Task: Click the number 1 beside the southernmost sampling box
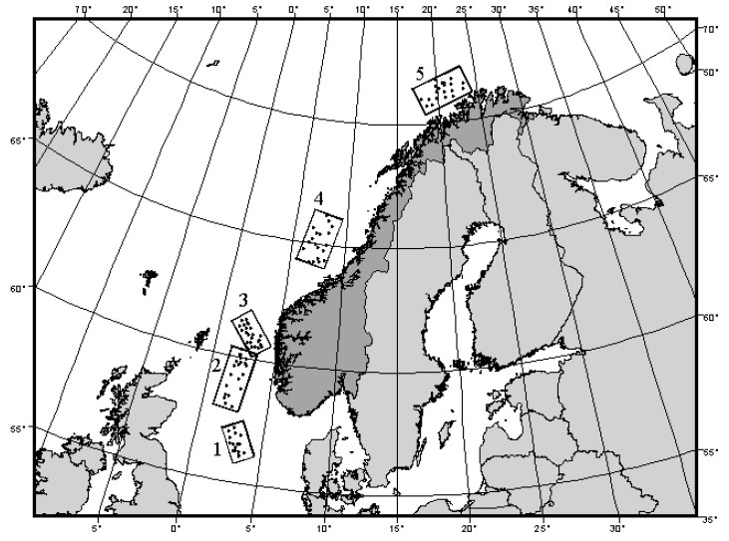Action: click(216, 449)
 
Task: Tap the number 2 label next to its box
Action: click(215, 366)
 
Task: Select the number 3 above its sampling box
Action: click(242, 300)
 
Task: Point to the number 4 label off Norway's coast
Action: click(318, 199)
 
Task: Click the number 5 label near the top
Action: click(421, 73)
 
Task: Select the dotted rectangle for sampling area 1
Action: click(238, 439)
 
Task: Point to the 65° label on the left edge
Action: click(17, 140)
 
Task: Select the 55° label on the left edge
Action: click(17, 429)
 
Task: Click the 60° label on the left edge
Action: click(17, 289)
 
